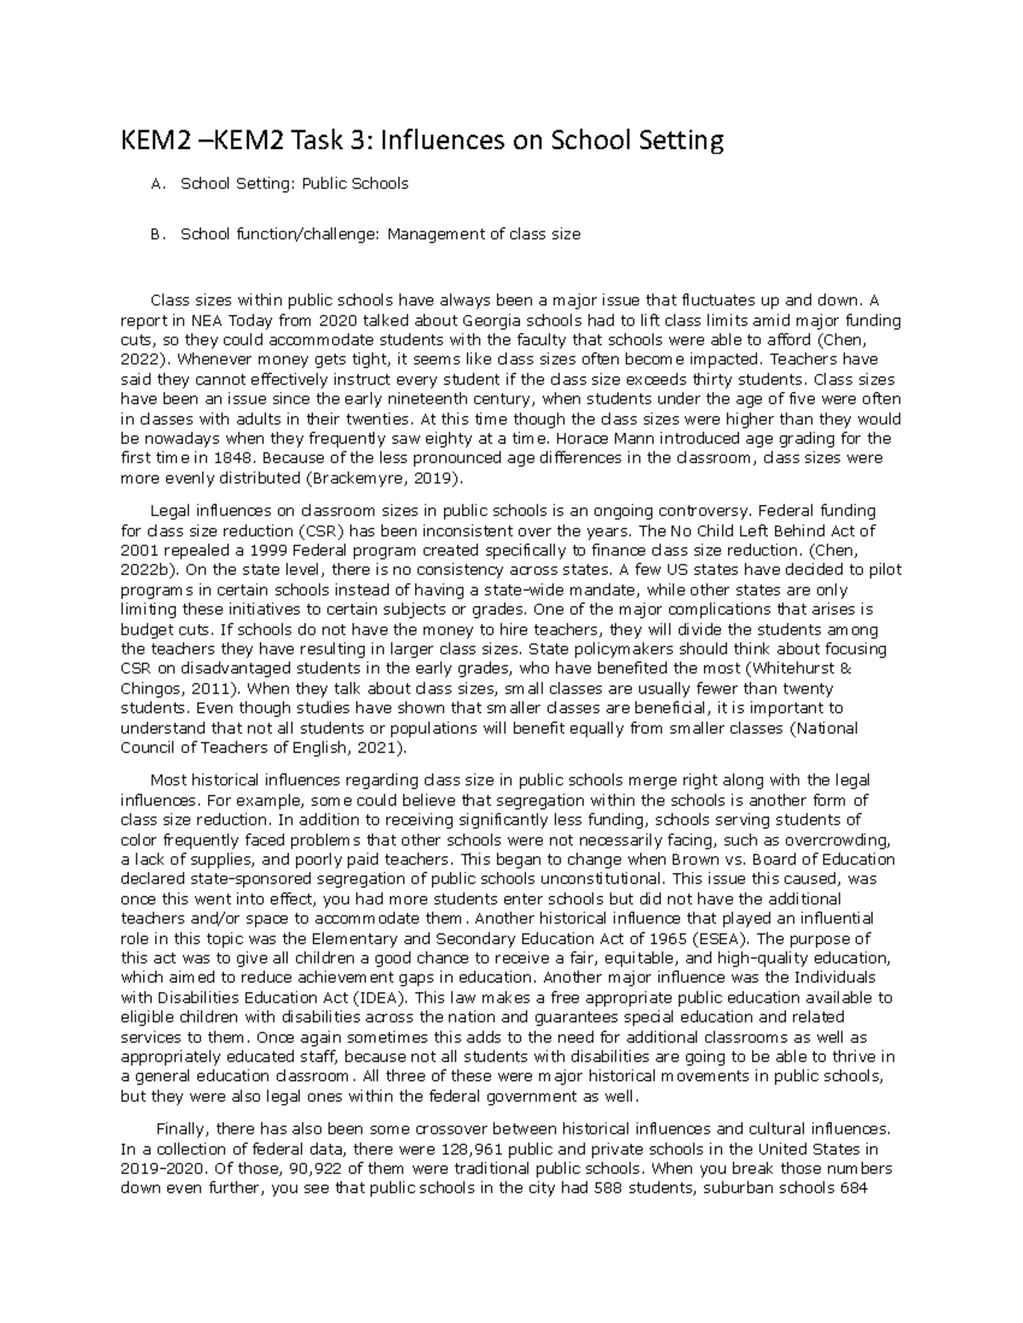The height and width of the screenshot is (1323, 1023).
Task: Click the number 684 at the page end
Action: (853, 1188)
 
